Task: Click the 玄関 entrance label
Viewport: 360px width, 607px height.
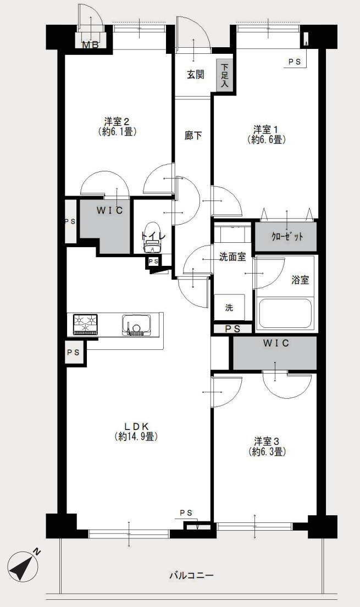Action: click(195, 74)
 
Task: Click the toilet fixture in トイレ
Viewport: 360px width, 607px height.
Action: click(152, 238)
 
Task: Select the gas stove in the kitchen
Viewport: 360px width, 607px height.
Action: click(85, 324)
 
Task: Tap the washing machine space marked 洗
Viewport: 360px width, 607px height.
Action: click(229, 307)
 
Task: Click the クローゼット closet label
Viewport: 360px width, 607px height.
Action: click(286, 237)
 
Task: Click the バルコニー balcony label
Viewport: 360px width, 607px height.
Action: click(191, 575)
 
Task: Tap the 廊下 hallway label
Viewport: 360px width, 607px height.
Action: click(193, 136)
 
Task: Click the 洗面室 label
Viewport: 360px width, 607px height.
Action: click(232, 257)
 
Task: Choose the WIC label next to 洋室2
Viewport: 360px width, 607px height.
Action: click(110, 210)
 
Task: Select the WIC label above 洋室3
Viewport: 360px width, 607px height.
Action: click(275, 343)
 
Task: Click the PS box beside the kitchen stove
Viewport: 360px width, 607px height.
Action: click(73, 352)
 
